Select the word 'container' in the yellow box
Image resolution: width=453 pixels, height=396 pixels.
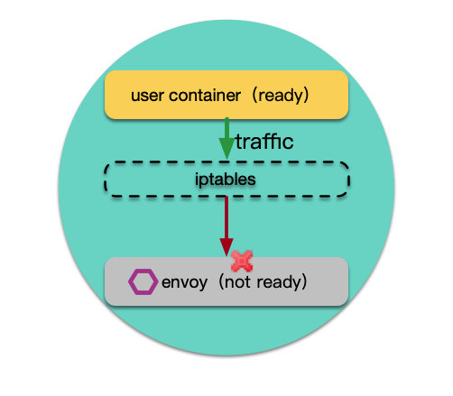tap(205, 96)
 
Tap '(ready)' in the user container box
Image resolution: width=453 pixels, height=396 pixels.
tap(281, 96)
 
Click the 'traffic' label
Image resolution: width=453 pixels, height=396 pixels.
tap(264, 142)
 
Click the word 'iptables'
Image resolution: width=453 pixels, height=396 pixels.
tap(226, 180)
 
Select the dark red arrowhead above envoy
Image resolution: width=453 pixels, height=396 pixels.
tap(226, 247)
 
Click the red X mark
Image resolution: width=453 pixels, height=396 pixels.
tap(242, 261)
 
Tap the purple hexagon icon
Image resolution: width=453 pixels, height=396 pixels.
tap(143, 281)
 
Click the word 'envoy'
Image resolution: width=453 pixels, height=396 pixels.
tap(184, 282)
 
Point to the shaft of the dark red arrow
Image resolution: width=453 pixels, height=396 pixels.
tap(226, 217)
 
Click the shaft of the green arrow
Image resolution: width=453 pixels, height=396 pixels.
tap(226, 128)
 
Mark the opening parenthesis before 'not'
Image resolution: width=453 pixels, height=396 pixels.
tap(221, 282)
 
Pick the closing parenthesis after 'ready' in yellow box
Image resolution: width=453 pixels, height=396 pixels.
tap(305, 96)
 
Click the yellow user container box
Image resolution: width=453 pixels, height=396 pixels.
tap(226, 95)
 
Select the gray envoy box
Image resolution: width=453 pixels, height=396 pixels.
tap(226, 281)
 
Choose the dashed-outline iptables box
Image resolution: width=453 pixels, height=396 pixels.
tap(226, 162)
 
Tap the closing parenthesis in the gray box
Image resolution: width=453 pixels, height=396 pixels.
tap(303, 282)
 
